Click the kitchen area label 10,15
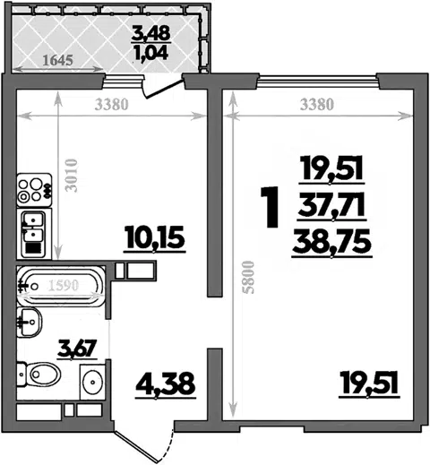point(155,238)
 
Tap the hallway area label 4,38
point(166,384)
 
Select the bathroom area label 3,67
point(77,349)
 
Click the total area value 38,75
point(332,243)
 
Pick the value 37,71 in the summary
point(331,207)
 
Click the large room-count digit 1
point(270,207)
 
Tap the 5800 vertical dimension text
point(248,278)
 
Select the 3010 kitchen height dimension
point(72,176)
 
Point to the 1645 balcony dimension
point(57,60)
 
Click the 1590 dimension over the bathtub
point(64,285)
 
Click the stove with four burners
point(34,190)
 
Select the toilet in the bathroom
point(39,375)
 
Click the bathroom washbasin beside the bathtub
point(30,323)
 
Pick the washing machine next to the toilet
point(92,382)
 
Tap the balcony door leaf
point(163,89)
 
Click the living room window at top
point(317,79)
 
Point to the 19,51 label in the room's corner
point(369,385)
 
